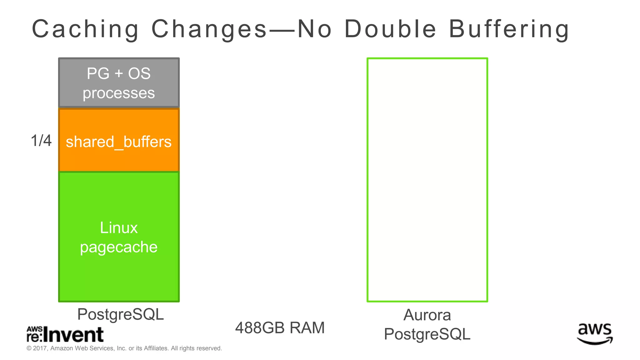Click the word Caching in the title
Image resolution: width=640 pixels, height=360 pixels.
pos(85,29)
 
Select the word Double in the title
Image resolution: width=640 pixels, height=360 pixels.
pos(390,29)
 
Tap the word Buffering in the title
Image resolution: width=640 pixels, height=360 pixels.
pos(509,29)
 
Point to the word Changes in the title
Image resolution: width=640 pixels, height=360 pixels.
pos(209,29)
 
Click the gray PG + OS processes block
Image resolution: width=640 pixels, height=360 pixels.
pos(119,83)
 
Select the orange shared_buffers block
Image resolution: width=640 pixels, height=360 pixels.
pos(119,140)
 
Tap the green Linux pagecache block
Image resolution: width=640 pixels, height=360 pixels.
pos(119,237)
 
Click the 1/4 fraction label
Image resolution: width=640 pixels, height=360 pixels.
pos(41,141)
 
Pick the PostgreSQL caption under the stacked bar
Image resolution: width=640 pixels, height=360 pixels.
pos(120,314)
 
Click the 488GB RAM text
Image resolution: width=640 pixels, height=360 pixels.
pos(280,328)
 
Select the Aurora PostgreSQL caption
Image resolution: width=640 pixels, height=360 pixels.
pos(427,324)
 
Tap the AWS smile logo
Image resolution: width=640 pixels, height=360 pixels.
pos(595,334)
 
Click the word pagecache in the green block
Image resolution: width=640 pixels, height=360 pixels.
pos(119,247)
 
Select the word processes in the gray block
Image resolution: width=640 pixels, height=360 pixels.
pos(119,93)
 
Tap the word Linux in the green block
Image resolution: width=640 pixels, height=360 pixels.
pos(119,227)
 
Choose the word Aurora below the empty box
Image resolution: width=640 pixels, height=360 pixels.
pos(427,315)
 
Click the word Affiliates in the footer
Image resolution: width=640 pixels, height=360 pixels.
pos(156,348)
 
